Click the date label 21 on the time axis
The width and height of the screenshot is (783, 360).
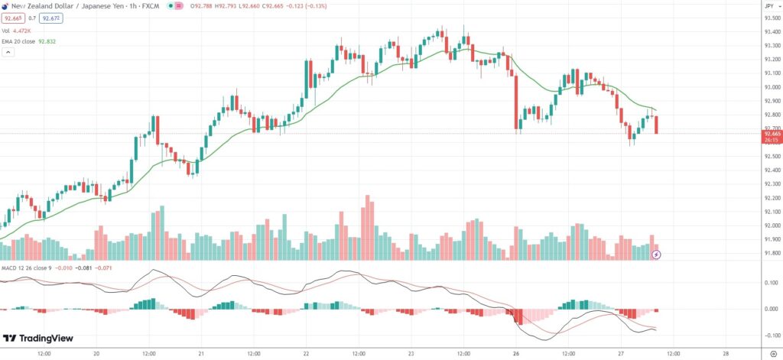(200, 353)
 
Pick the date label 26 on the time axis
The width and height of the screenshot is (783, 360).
(516, 353)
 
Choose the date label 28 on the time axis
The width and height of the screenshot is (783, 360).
(726, 353)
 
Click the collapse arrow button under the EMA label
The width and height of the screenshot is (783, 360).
(8, 53)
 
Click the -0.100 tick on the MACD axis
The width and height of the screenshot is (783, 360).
(769, 336)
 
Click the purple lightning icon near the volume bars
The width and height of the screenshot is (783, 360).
(656, 254)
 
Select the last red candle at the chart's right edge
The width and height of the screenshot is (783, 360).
(657, 124)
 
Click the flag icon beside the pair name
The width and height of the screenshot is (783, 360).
(6, 5)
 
